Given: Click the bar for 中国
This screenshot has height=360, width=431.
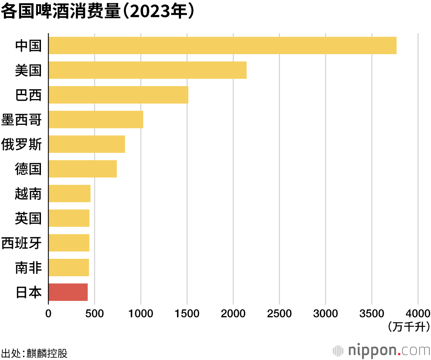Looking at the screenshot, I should (x=222, y=46).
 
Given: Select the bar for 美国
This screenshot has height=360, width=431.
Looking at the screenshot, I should (x=147, y=70).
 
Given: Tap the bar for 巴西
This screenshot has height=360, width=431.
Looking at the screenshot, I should (x=119, y=95).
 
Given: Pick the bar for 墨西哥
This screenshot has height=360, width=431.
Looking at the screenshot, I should (x=96, y=119).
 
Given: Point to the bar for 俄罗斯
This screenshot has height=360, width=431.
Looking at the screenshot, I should (x=87, y=144).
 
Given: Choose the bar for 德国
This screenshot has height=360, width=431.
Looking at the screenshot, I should (x=83, y=169).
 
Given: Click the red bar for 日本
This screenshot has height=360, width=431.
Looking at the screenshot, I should (x=68, y=292).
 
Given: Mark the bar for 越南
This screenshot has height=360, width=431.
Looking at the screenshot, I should (x=69, y=193).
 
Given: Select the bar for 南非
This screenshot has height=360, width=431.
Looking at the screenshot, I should (x=69, y=267).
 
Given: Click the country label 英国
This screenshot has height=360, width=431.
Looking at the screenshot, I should (x=28, y=218).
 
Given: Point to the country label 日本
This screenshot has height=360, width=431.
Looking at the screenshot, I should (x=28, y=293).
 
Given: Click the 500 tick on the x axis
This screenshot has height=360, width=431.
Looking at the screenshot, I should (x=94, y=312).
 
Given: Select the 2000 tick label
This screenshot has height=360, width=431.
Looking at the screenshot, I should (x=233, y=312).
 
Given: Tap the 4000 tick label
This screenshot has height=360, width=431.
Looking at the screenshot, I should (x=418, y=312).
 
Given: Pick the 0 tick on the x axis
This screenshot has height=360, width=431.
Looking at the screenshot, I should (x=48, y=312).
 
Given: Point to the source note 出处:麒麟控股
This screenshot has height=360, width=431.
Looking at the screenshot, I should (x=34, y=353).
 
